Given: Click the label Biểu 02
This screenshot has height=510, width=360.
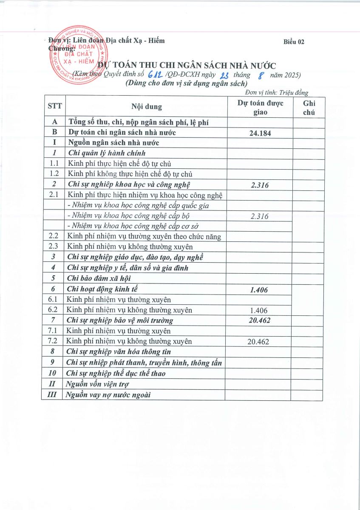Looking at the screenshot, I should [x=294, y=42].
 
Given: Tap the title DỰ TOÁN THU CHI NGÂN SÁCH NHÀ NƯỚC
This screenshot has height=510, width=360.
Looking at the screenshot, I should [x=187, y=65].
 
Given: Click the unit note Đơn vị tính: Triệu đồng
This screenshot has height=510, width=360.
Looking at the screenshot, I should [x=277, y=93].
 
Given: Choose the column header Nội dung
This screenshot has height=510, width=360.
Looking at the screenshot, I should [x=146, y=107].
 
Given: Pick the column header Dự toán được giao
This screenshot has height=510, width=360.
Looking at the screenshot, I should [x=260, y=107].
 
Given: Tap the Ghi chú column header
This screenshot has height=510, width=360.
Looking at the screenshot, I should [x=309, y=107].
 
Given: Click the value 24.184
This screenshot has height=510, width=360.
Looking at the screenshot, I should [x=260, y=133].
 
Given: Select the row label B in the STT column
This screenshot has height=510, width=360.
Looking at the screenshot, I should [x=54, y=133].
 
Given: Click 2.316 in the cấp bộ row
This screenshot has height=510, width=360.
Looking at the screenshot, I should [x=259, y=216].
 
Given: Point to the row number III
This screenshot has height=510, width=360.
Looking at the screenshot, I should [x=52, y=395].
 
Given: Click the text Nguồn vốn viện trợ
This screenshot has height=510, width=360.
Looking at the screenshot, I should [x=98, y=384].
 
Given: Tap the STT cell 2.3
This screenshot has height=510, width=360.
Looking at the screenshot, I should [x=54, y=246].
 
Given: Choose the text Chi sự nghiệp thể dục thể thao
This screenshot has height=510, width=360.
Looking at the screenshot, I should [x=116, y=374].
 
